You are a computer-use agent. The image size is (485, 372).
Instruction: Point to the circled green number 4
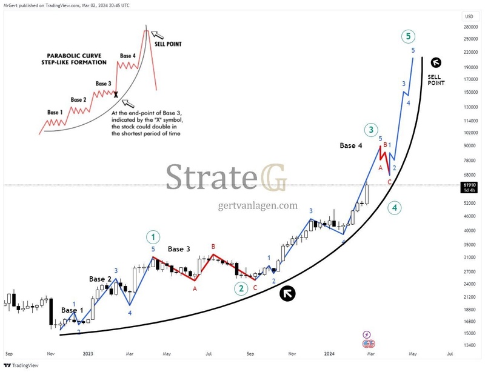click(x=394, y=208)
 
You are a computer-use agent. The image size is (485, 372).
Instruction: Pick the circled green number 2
click(x=241, y=288)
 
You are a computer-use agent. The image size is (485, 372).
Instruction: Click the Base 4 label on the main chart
click(x=352, y=145)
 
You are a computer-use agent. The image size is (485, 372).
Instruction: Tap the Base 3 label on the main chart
click(x=179, y=249)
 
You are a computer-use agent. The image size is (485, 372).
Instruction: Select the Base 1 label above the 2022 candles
click(x=73, y=310)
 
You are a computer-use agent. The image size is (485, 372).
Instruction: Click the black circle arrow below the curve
click(x=287, y=294)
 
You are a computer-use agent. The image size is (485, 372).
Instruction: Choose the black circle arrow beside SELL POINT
click(x=435, y=62)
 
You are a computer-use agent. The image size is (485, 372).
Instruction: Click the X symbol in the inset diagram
click(x=116, y=95)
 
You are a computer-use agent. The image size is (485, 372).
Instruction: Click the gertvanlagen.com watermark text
click(x=258, y=206)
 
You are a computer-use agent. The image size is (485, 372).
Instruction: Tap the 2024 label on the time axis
click(x=330, y=353)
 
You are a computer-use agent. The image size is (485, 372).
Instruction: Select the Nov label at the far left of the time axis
click(x=51, y=353)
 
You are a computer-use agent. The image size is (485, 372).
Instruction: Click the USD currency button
click(x=468, y=16)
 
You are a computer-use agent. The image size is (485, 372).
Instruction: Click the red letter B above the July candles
click(x=213, y=247)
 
